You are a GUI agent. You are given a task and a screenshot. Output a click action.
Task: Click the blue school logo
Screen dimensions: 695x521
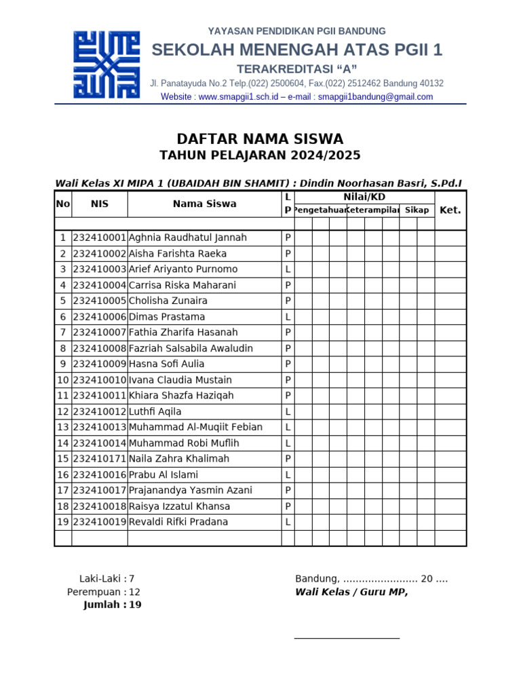107,64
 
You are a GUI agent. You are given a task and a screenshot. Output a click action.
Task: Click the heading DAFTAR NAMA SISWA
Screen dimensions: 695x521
260,139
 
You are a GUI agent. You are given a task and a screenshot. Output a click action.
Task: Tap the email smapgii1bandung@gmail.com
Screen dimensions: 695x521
375,97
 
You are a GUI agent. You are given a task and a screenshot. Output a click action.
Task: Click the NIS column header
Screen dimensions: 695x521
100,204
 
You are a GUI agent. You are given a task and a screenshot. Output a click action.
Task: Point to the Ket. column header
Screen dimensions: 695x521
450,210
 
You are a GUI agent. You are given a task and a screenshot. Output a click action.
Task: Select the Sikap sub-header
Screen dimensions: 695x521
417,210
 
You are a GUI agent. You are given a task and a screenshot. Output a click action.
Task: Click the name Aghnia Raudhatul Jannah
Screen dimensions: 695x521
187,238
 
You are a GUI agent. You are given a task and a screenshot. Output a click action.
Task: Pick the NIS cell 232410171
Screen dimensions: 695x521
100,459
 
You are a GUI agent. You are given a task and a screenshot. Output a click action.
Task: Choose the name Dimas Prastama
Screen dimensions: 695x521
167,317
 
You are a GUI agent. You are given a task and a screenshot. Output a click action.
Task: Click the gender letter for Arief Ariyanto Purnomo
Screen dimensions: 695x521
288,269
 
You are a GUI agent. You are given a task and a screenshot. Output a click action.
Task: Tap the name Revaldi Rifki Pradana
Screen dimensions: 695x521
178,522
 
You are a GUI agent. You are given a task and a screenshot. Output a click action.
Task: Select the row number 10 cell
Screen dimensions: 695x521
63,380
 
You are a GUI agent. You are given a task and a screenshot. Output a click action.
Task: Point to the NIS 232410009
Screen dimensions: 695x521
100,364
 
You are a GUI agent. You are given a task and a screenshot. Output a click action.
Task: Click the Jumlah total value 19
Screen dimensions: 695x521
135,605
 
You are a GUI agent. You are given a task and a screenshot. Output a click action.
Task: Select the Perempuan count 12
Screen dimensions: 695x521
134,592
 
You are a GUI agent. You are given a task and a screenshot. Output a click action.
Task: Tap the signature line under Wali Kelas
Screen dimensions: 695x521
347,638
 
